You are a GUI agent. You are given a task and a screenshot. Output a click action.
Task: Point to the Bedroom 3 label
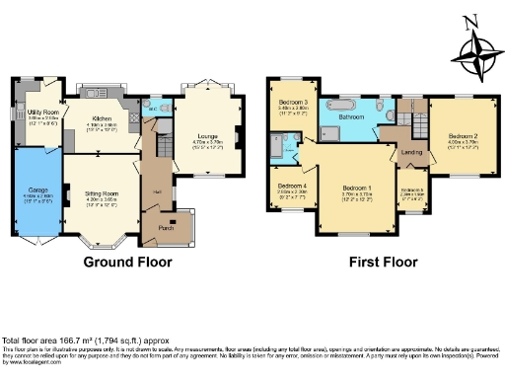[292, 103]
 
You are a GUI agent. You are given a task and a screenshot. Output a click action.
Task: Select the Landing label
[413, 152]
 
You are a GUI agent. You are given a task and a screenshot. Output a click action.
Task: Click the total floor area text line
[91, 340]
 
